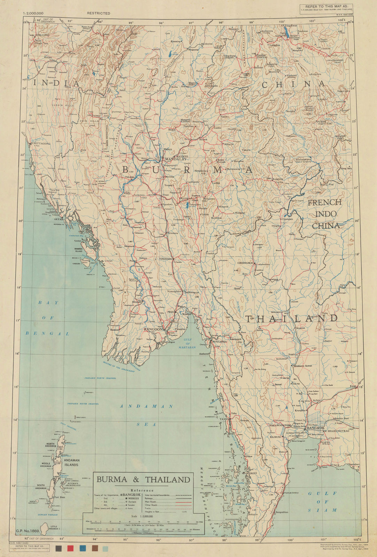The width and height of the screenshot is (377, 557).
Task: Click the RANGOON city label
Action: (153, 329)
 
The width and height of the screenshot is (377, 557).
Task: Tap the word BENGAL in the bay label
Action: (47, 333)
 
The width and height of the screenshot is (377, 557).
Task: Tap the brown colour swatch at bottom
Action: (94, 549)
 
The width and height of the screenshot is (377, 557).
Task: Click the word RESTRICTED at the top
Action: (99, 13)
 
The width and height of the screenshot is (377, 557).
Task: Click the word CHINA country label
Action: (293, 84)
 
